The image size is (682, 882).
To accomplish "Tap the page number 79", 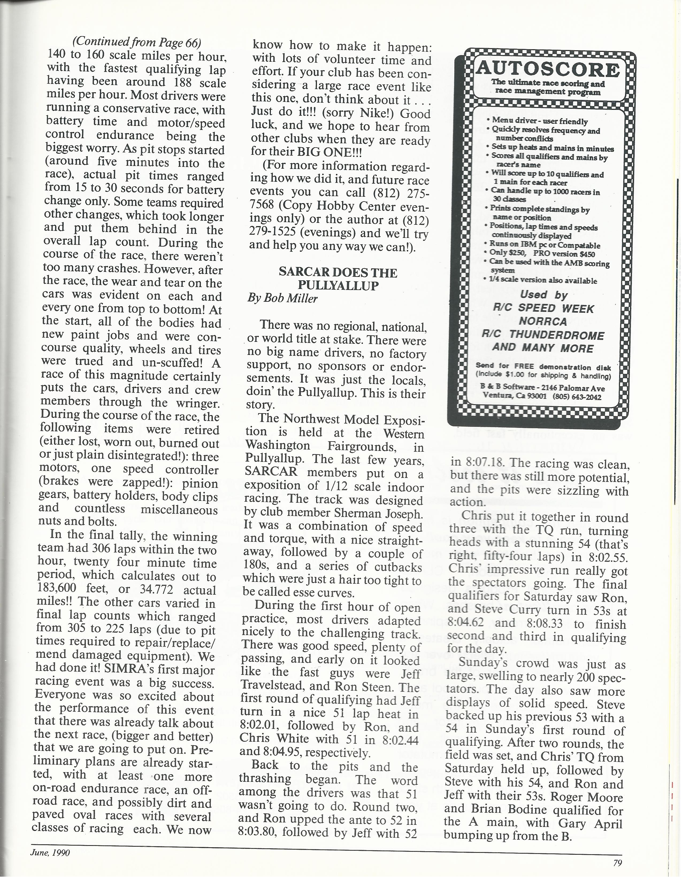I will tap(617, 863).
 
